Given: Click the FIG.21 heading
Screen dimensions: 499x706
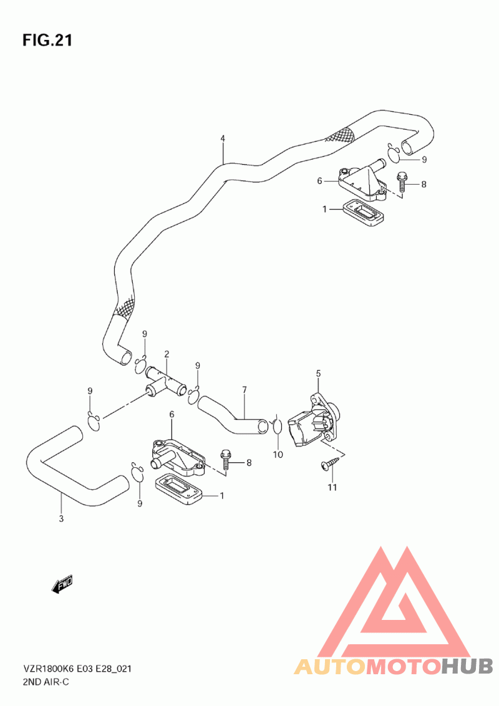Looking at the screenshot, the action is pos(47,41).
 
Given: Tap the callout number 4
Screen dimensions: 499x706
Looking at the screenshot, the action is pos(223,138).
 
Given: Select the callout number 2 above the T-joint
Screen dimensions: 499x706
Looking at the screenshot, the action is pos(167,354).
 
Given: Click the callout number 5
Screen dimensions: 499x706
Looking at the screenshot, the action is pos(318,373).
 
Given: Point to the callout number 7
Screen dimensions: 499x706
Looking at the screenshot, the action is pos(245,389).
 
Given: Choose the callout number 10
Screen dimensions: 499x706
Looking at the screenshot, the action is pos(278,455).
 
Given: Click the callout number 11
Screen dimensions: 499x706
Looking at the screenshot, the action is pos(332,487).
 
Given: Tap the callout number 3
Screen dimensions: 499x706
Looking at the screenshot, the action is pos(61,519).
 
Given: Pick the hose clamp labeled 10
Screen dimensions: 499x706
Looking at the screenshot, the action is pos(276,427).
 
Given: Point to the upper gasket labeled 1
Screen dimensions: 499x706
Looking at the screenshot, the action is pos(364,213).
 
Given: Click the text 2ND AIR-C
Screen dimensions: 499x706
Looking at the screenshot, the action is pos(46,682).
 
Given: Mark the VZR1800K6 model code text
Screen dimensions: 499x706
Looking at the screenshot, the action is pos(49,669).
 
